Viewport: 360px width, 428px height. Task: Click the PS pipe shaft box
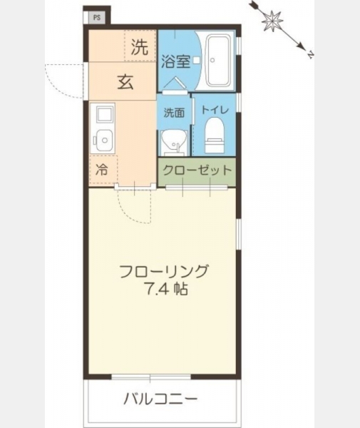[x=97, y=18]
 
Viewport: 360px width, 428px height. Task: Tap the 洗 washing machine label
[x=139, y=47]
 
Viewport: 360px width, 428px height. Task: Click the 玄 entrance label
[x=125, y=82]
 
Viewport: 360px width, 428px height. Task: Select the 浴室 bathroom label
[x=175, y=61]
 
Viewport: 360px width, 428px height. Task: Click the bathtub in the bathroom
[x=218, y=61]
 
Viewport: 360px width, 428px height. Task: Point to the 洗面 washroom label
[x=174, y=113]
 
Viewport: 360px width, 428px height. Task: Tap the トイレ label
[x=215, y=110]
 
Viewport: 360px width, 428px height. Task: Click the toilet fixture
[x=215, y=135]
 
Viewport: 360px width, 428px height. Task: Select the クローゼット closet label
[x=197, y=170]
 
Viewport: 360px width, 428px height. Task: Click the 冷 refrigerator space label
[x=101, y=170]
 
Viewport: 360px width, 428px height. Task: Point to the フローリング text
[x=164, y=271]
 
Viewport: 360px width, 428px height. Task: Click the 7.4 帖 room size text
[x=167, y=289]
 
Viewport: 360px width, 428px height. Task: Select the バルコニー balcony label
[x=160, y=399]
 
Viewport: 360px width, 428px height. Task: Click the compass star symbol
[x=272, y=21]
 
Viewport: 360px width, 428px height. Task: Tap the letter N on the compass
[x=310, y=55]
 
